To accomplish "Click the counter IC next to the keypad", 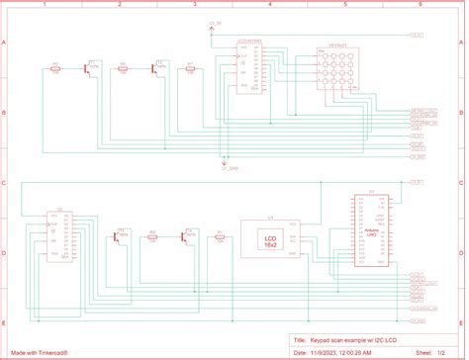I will (x=248, y=68).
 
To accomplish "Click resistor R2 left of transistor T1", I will (x=55, y=69).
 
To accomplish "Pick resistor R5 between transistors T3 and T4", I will (x=152, y=235).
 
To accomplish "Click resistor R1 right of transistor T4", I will (x=219, y=235).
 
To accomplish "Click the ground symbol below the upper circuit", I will (x=226, y=164).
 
